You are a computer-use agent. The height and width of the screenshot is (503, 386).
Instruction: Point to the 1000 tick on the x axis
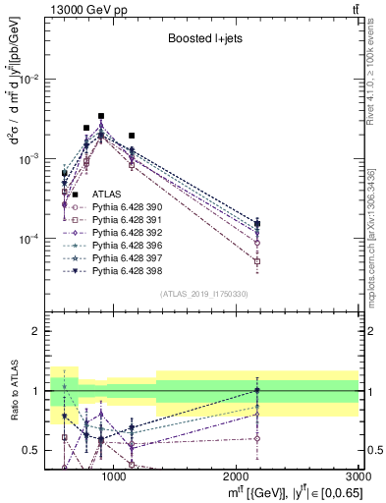click(114, 475)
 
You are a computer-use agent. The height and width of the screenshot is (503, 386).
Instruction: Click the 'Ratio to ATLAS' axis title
click(13, 393)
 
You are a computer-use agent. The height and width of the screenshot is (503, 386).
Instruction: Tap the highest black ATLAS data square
click(101, 116)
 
